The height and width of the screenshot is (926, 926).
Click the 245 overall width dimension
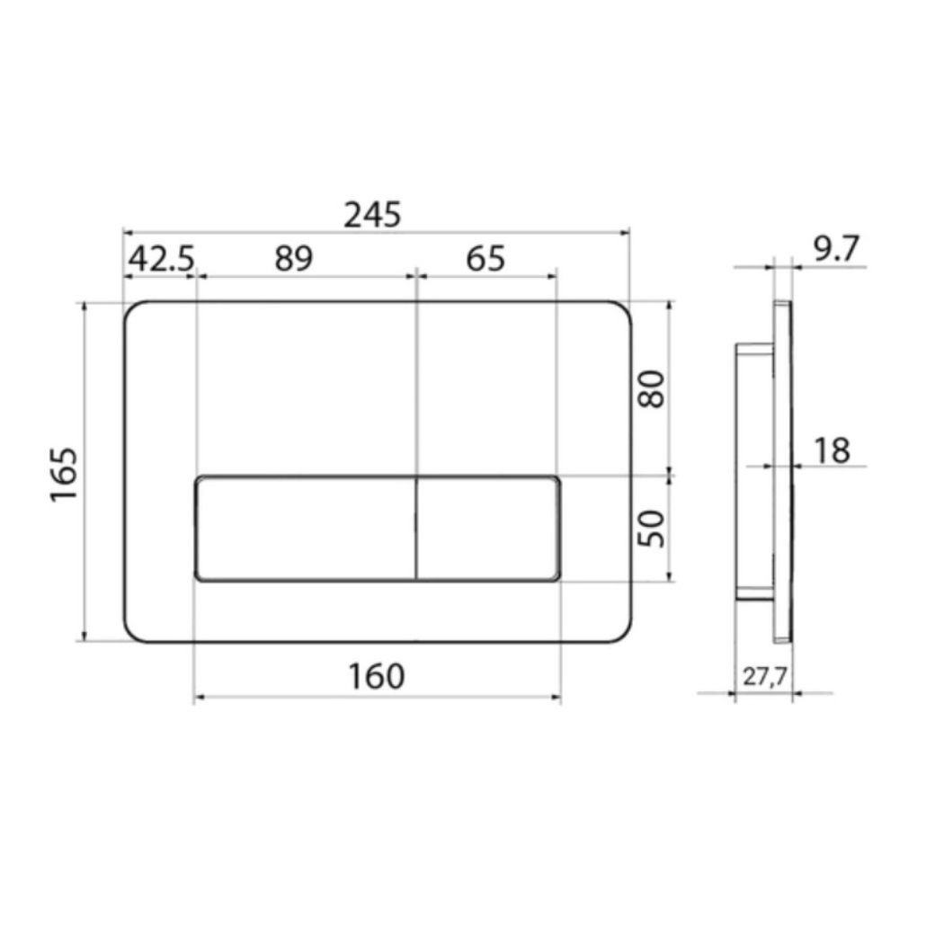pyautogui.click(x=372, y=214)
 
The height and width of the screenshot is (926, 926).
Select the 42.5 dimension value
pyautogui.click(x=161, y=259)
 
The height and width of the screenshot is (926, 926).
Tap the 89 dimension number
pyautogui.click(x=293, y=259)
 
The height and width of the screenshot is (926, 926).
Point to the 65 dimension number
pyautogui.click(x=485, y=259)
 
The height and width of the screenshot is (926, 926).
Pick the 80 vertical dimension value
pyautogui.click(x=652, y=388)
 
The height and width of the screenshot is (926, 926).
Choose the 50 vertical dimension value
pyautogui.click(x=652, y=529)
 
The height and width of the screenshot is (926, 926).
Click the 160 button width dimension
pyautogui.click(x=377, y=677)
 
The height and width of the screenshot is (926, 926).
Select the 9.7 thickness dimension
pyautogui.click(x=835, y=249)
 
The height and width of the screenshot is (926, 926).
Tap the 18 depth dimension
pyautogui.click(x=832, y=450)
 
